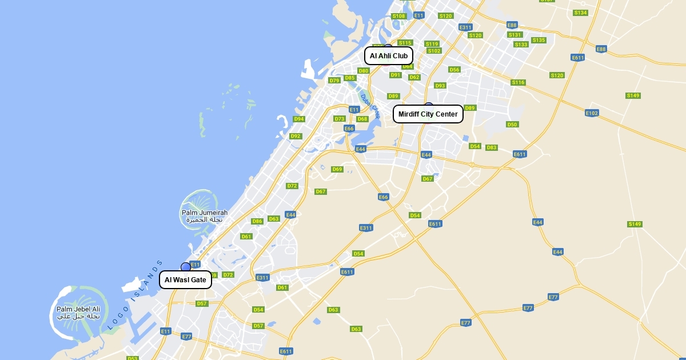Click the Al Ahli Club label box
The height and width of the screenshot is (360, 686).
(389, 56)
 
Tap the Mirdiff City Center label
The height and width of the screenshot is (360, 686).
(428, 114)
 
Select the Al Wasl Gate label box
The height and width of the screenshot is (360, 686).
(185, 280)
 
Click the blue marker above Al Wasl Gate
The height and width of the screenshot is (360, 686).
(186, 267)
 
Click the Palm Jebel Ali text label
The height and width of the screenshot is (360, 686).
(78, 313)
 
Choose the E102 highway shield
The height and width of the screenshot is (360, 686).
(592, 113)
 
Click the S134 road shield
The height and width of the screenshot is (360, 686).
(580, 13)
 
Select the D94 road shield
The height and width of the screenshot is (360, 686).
(299, 119)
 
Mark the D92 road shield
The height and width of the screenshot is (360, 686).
(296, 136)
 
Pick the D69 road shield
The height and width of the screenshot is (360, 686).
(337, 169)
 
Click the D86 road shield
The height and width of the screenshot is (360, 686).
(257, 221)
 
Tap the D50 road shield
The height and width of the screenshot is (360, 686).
(512, 125)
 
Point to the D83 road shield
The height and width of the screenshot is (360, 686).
(492, 147)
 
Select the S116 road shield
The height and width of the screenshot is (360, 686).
(518, 82)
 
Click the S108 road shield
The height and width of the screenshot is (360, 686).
(398, 16)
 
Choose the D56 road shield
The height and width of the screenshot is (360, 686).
(454, 70)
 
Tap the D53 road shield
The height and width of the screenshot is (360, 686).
(133, 358)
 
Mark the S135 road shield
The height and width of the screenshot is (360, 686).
(539, 40)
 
